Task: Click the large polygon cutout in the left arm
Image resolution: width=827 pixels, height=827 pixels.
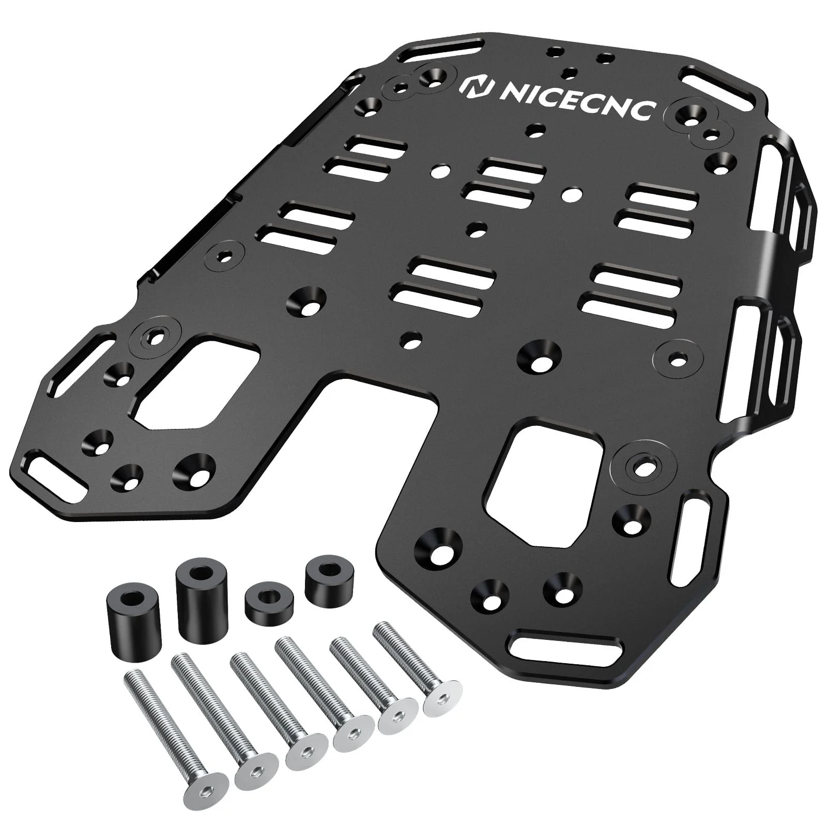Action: tap(199, 383)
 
